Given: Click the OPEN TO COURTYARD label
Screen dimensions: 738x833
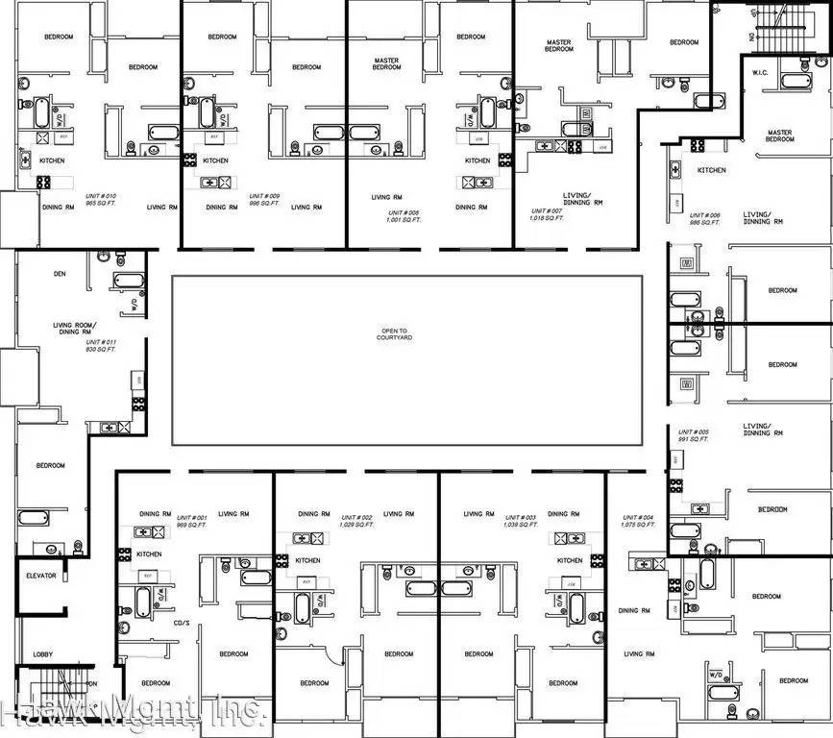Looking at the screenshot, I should [394, 334].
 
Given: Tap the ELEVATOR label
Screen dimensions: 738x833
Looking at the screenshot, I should [41, 576].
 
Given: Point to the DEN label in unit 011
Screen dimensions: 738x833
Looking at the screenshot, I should [60, 274].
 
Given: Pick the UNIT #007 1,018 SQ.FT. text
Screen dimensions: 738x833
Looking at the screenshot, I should [549, 213].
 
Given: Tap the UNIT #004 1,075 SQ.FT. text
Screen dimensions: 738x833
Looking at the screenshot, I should [643, 522].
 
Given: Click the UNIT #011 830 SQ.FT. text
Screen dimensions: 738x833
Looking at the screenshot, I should [100, 346].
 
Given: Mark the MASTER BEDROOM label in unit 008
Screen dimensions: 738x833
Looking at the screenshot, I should [386, 63].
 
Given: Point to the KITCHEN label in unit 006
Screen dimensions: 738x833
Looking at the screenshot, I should [712, 170].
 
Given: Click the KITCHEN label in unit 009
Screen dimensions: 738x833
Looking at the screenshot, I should [215, 160].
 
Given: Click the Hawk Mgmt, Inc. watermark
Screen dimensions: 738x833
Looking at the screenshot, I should [135, 712].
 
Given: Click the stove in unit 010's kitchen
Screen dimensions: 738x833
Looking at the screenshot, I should [43, 182].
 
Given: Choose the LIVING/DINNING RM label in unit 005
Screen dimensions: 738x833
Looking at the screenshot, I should [757, 429].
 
